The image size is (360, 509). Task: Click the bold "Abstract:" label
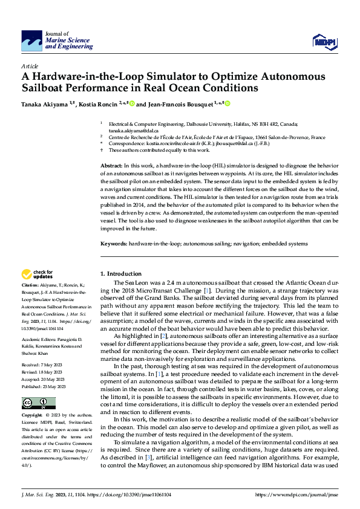click(111, 165)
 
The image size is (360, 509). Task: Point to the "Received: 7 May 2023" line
click(44, 365)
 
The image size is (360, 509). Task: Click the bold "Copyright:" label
click(32, 416)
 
